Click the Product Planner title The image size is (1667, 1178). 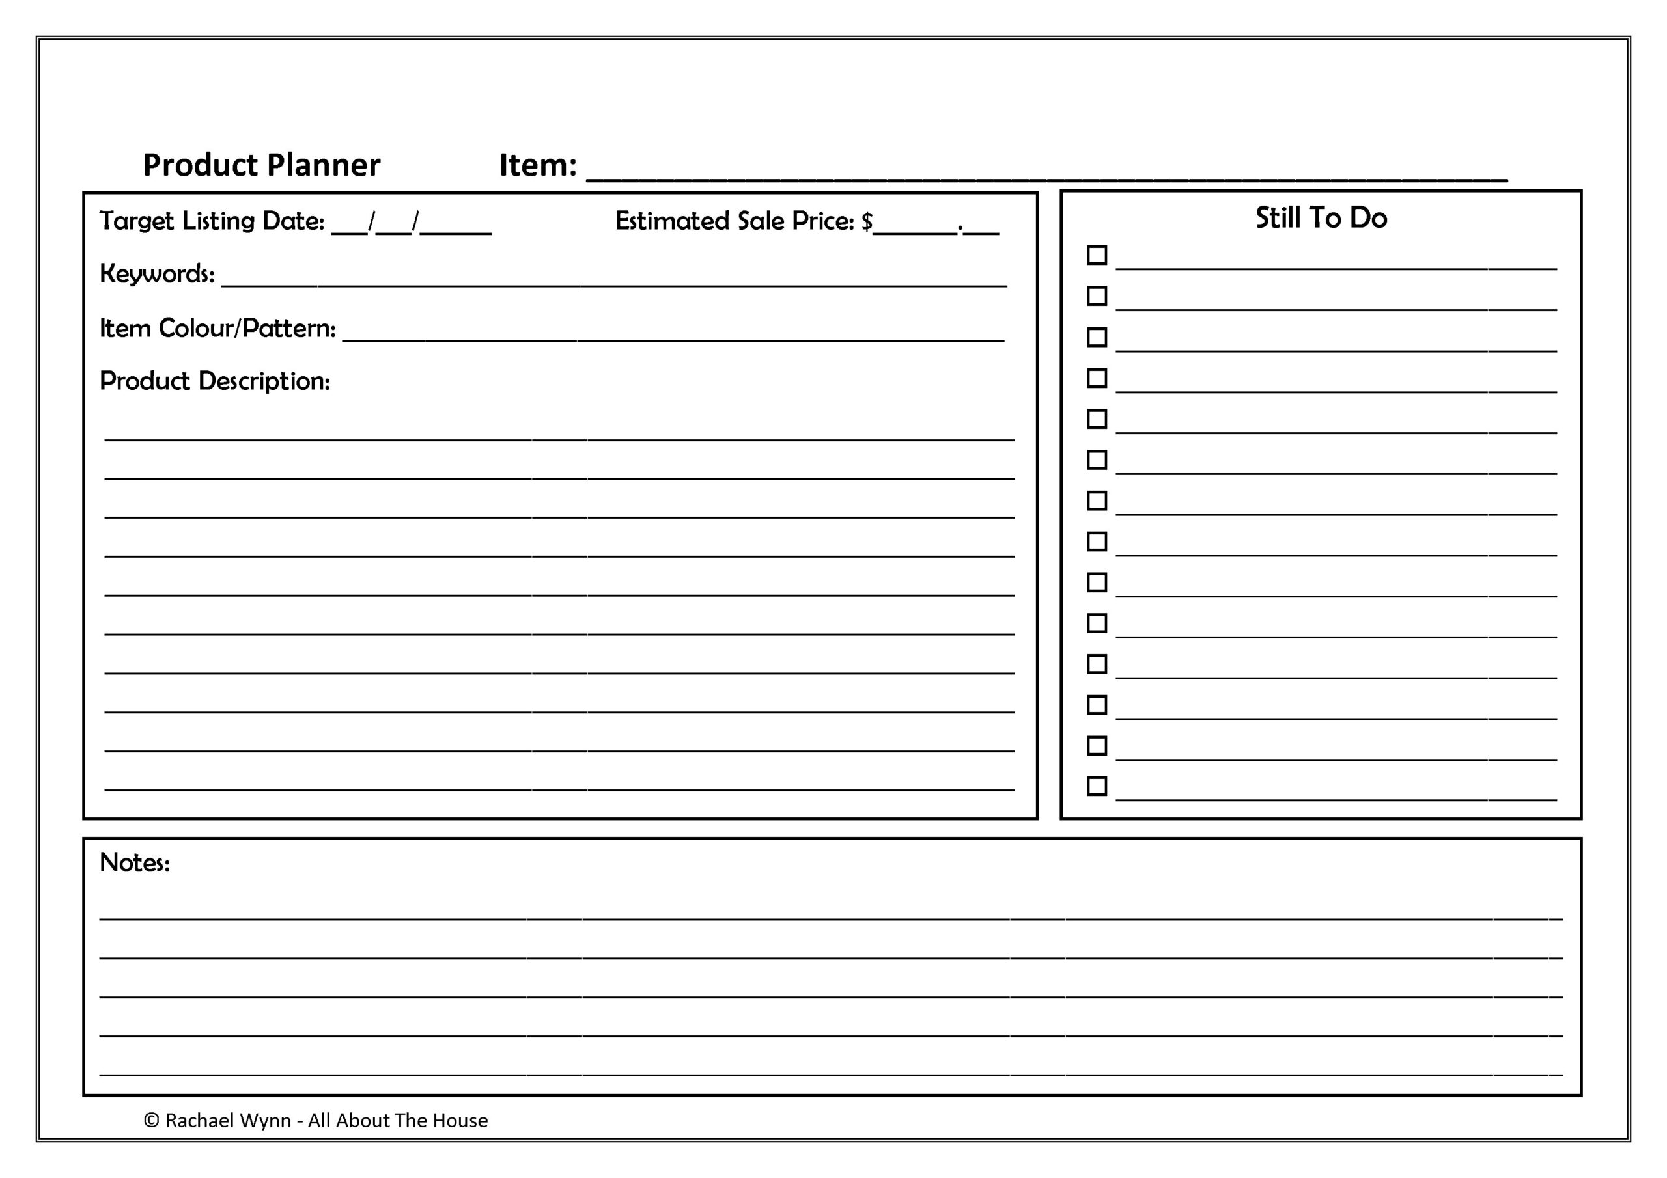tap(261, 165)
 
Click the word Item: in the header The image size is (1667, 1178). tap(537, 165)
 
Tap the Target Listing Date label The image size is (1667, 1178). tap(211, 221)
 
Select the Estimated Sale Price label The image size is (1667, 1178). tap(734, 221)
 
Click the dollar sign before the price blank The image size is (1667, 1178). tap(867, 221)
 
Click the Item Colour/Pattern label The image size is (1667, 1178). tap(217, 328)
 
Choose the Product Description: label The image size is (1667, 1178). tap(214, 381)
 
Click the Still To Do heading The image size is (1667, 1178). tap(1321, 218)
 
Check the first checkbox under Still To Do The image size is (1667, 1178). tap(1097, 254)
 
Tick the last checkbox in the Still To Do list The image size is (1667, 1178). tap(1097, 786)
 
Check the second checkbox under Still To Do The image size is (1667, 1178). tap(1097, 296)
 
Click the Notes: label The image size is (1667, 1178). tap(134, 862)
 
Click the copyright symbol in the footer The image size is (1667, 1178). tap(151, 1121)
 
